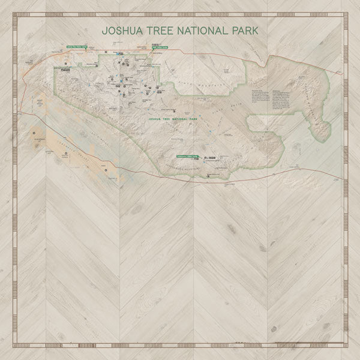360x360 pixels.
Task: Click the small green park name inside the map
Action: coord(175,120)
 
